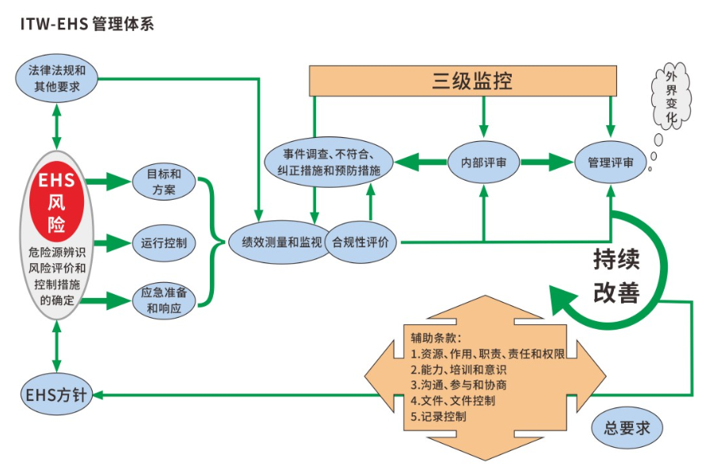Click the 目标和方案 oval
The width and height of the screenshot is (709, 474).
[164, 182]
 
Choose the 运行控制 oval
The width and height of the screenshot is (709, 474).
[164, 243]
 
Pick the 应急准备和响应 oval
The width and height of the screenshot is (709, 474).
[164, 300]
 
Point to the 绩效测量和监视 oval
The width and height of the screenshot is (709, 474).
[275, 243]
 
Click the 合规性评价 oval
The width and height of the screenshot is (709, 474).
[360, 243]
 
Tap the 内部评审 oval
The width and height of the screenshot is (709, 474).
[483, 162]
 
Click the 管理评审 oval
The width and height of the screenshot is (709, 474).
[610, 162]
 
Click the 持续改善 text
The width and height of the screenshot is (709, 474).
[616, 276]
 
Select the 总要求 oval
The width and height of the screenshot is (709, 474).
[627, 428]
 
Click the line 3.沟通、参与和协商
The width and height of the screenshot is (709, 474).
[459, 384]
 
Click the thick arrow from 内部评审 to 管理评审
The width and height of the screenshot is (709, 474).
[546, 162]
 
